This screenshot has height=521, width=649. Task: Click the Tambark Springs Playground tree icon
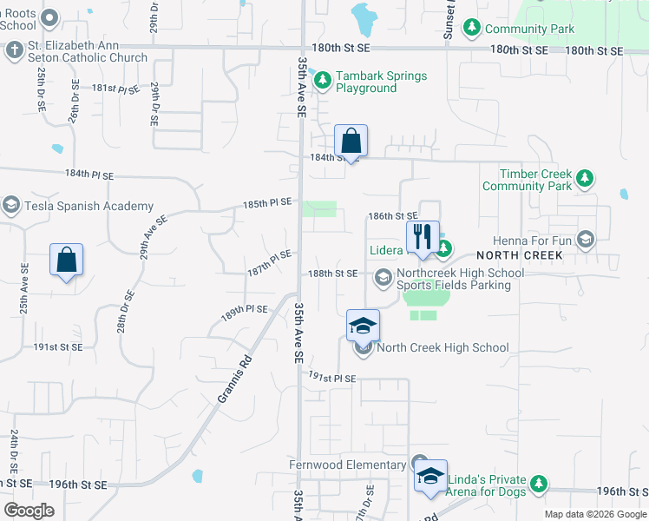(323, 82)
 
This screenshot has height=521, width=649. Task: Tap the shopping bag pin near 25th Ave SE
(66, 260)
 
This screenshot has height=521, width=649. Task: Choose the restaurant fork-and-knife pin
(423, 237)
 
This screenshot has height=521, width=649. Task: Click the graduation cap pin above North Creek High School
(363, 326)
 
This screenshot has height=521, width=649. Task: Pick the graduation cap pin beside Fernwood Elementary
(430, 477)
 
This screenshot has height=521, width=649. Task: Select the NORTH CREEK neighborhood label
(520, 255)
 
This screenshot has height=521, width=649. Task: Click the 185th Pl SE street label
(268, 203)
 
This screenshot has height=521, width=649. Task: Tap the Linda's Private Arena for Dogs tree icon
(540, 482)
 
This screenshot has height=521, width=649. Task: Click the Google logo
(29, 510)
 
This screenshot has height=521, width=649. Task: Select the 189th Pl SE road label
(244, 313)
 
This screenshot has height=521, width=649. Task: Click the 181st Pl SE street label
(115, 89)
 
